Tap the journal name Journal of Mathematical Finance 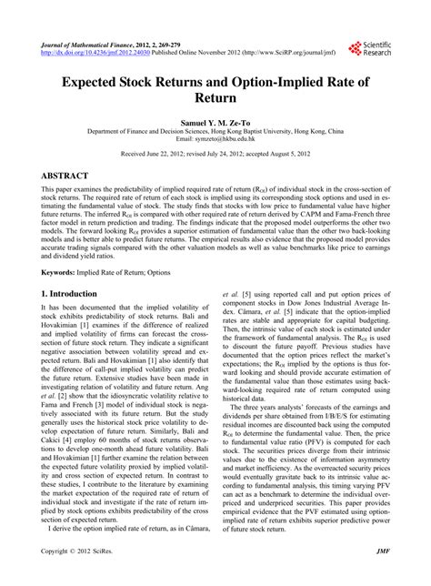click(78, 42)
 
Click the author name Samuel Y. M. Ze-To click(215, 121)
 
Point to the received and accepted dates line click(215, 155)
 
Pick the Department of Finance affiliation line click(215, 130)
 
